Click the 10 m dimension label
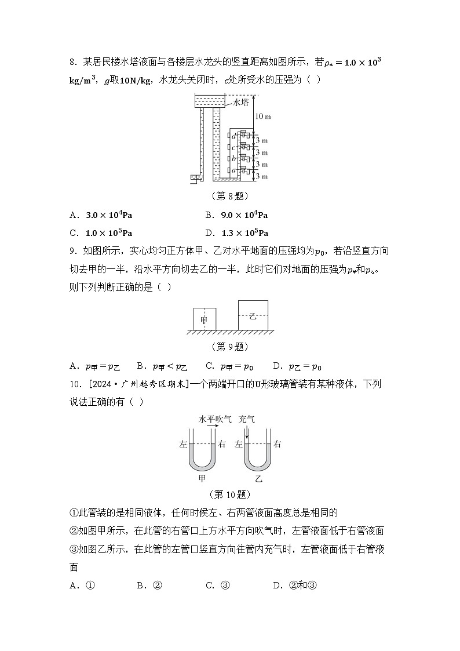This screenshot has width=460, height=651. pyautogui.click(x=262, y=117)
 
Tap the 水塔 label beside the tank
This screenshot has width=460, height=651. pyautogui.click(x=240, y=103)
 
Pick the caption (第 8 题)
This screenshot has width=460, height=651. pyautogui.click(x=229, y=196)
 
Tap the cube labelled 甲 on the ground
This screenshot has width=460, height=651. pyautogui.click(x=204, y=319)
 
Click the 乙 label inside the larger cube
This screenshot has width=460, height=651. pyautogui.click(x=253, y=316)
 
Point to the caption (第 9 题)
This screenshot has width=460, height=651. pyautogui.click(x=229, y=347)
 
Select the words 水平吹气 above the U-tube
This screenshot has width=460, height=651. pyautogui.click(x=215, y=419)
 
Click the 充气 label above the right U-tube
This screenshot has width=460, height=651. pyautogui.click(x=247, y=419)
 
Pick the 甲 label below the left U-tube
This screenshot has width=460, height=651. pyautogui.click(x=202, y=479)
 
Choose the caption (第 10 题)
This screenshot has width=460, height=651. pyautogui.click(x=229, y=494)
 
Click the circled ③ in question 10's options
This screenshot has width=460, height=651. pyautogui.click(x=226, y=585)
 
